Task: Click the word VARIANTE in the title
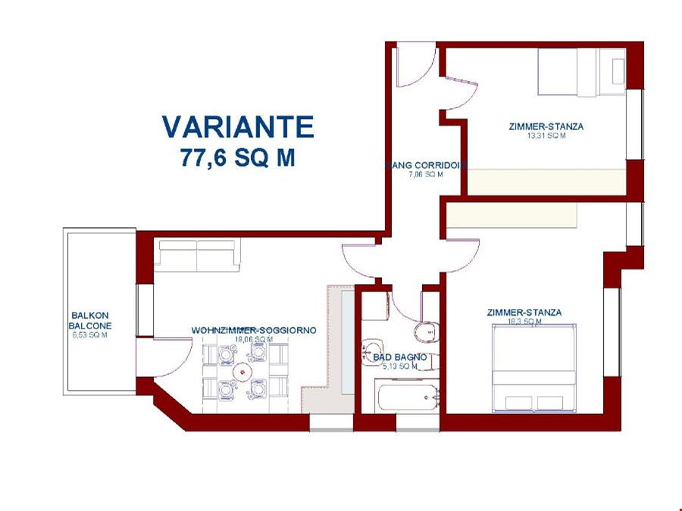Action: point(237,126)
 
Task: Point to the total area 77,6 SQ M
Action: point(237,157)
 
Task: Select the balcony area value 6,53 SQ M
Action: point(89,335)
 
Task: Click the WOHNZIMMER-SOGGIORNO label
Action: point(253,331)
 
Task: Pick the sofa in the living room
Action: point(197,255)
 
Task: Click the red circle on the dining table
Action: point(242,372)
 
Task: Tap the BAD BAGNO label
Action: point(399,357)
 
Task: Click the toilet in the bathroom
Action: point(426,331)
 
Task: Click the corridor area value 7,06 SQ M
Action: point(425,174)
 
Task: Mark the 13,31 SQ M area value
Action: point(546,136)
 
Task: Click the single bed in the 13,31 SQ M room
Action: point(580,72)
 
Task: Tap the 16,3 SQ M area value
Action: point(524,322)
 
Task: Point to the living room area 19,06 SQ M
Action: point(253,340)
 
